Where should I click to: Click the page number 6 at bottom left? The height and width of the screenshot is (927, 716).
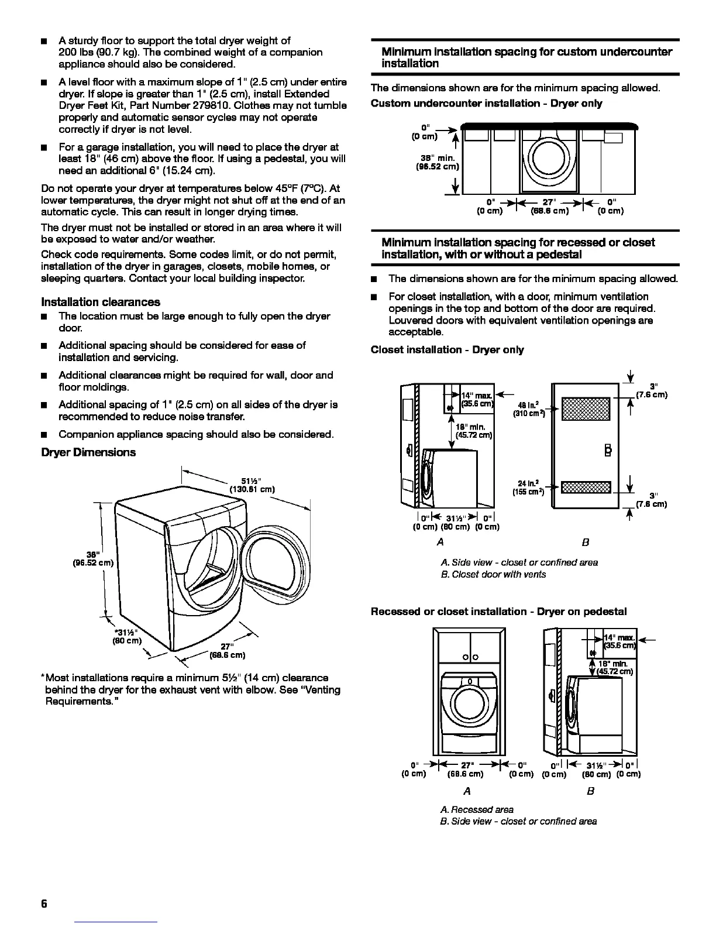click(x=44, y=903)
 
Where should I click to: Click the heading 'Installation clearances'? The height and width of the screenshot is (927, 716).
click(x=101, y=302)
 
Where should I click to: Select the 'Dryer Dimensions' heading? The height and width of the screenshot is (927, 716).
click(x=88, y=452)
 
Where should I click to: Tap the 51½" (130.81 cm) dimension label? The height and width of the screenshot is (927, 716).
click(x=248, y=485)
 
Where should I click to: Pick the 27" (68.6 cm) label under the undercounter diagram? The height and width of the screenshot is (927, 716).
click(x=549, y=207)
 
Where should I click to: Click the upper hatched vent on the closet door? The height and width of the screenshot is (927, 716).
click(x=586, y=408)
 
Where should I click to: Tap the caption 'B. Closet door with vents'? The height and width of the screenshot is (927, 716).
click(x=493, y=575)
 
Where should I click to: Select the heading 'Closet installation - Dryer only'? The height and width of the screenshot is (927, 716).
click(x=447, y=350)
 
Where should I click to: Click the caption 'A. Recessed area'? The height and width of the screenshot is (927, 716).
click(x=477, y=809)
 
